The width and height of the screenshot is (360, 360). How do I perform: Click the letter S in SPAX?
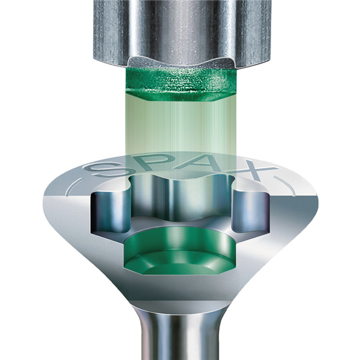click(x=104, y=169)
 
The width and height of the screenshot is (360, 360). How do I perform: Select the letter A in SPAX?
click(x=197, y=163)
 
